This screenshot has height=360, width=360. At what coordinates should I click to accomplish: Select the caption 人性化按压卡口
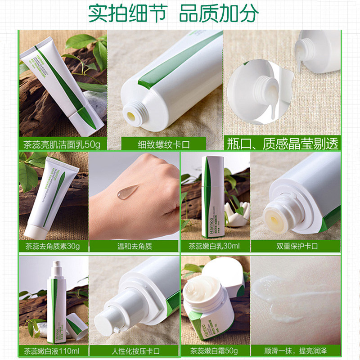pyautogui.click(x=134, y=350)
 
